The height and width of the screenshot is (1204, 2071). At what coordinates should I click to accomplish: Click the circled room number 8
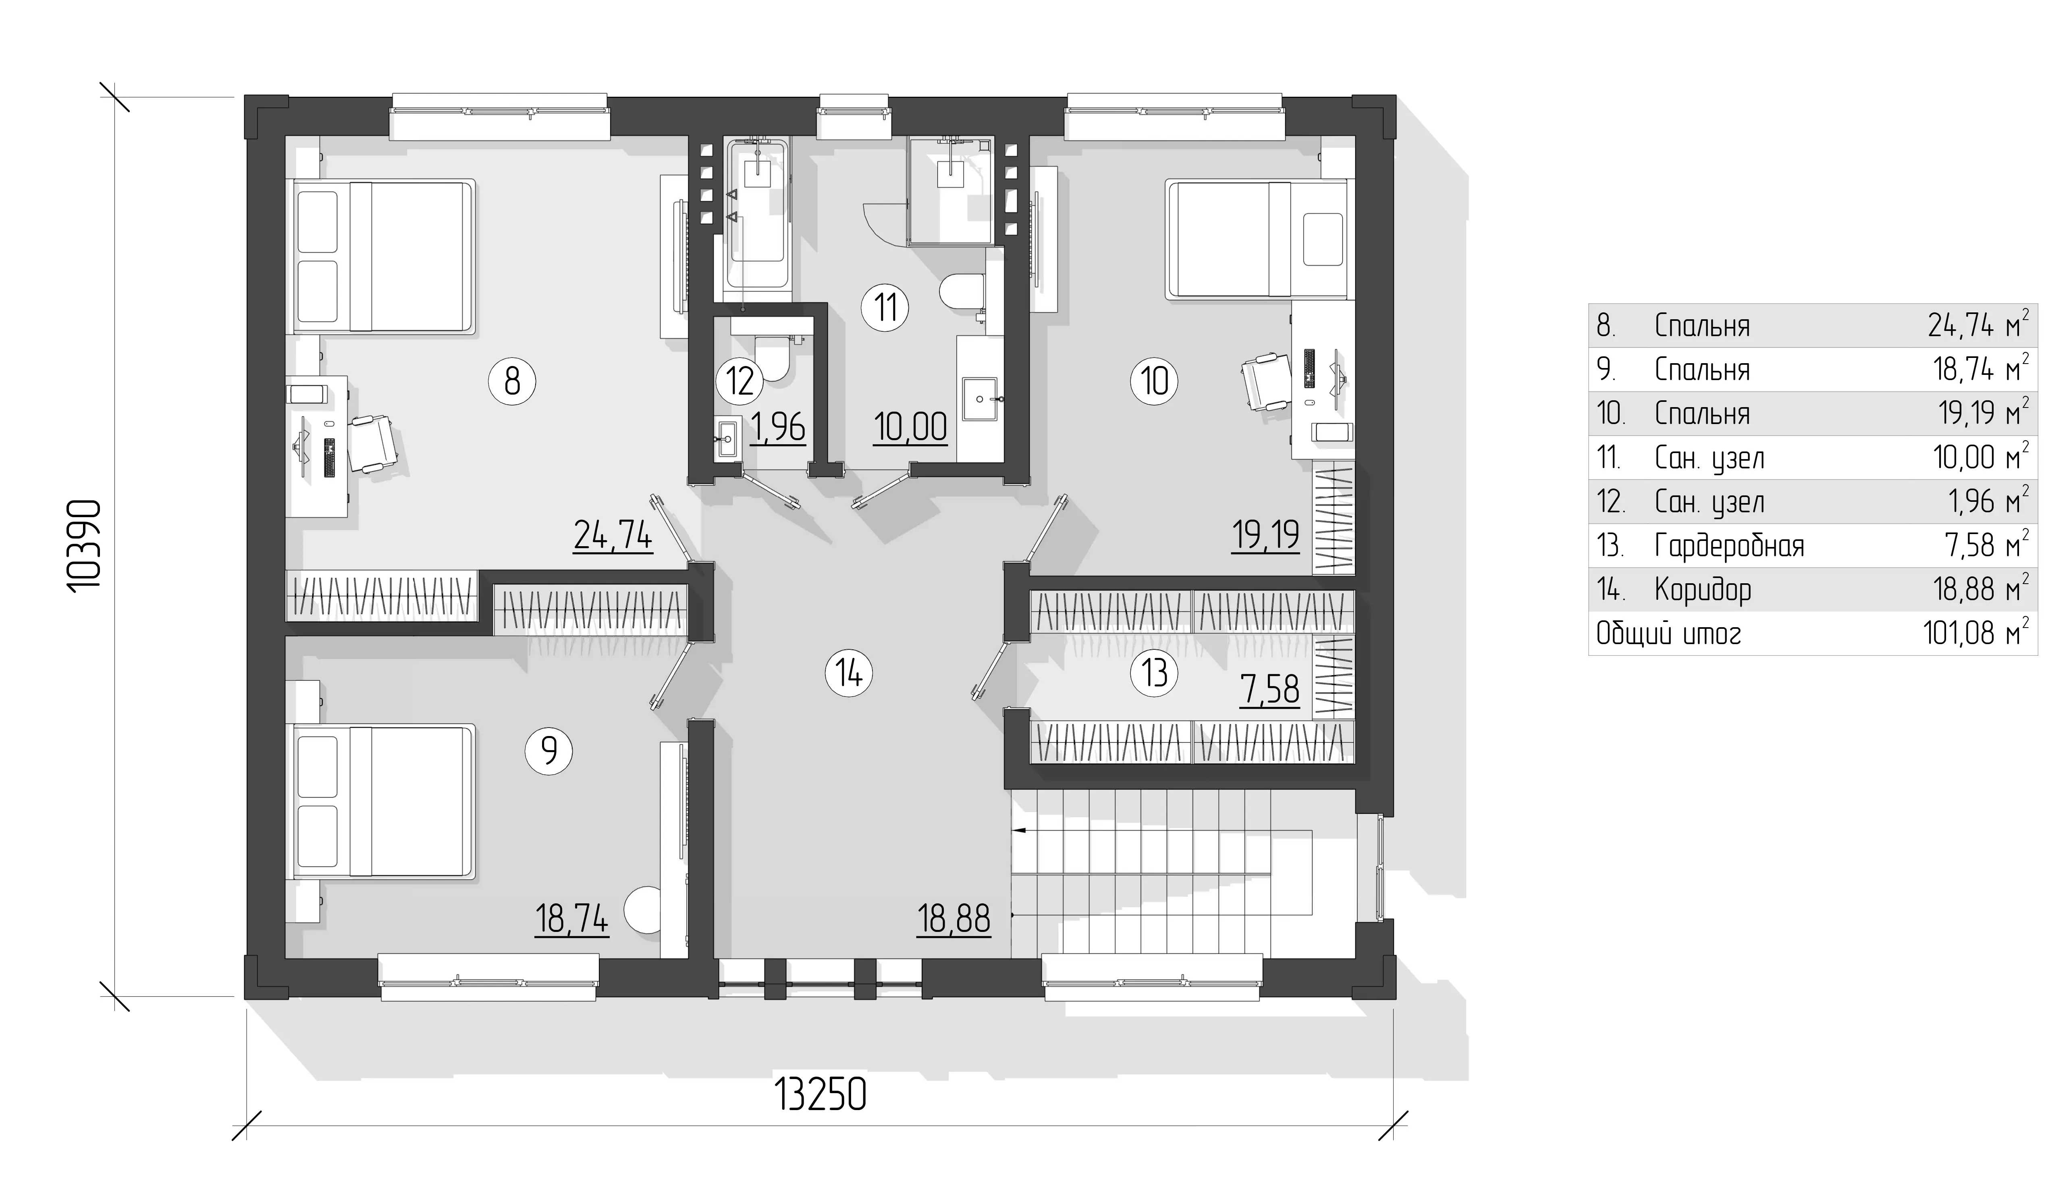coord(512,381)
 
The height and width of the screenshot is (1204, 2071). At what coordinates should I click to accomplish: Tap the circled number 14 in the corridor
coord(848,674)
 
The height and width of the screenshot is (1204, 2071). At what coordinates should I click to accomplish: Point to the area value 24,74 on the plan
coord(613,536)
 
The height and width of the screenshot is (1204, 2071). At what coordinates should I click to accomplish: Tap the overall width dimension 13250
coord(820,1096)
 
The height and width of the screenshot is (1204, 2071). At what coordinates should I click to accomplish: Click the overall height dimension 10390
coord(85,545)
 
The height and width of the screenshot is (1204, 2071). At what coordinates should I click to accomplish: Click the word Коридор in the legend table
coord(1702,590)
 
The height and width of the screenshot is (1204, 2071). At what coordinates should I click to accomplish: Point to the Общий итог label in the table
coord(1668,634)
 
